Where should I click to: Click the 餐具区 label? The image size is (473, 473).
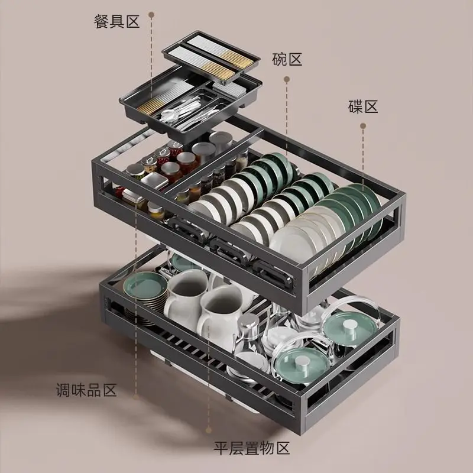pyautogui.click(x=116, y=22)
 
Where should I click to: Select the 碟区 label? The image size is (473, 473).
pyautogui.click(x=362, y=107)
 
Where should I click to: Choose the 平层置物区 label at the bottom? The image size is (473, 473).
pyautogui.click(x=252, y=448)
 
